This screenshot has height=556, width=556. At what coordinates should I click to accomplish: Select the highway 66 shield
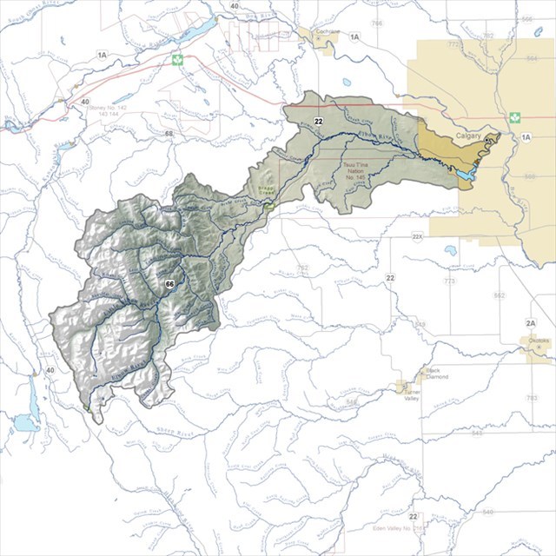click(170, 284)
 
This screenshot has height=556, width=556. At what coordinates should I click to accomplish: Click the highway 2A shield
click(531, 323)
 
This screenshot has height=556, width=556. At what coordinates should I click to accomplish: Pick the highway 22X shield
click(417, 236)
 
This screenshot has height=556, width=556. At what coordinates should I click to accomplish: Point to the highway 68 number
click(169, 134)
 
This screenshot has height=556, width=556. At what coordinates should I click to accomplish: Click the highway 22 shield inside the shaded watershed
click(320, 121)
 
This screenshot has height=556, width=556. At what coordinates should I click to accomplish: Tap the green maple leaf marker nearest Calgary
click(513, 116)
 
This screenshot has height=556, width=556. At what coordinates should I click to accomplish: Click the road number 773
click(450, 282)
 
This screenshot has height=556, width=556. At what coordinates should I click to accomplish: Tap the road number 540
click(487, 513)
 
